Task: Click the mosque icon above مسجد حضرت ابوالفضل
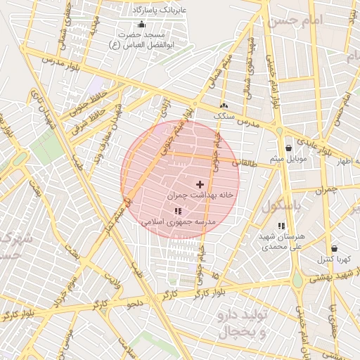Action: coord(141,25)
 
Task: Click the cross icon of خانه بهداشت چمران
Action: coord(200,184)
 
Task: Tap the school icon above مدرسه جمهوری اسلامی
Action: coord(177,211)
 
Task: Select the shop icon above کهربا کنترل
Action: coord(333,248)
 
